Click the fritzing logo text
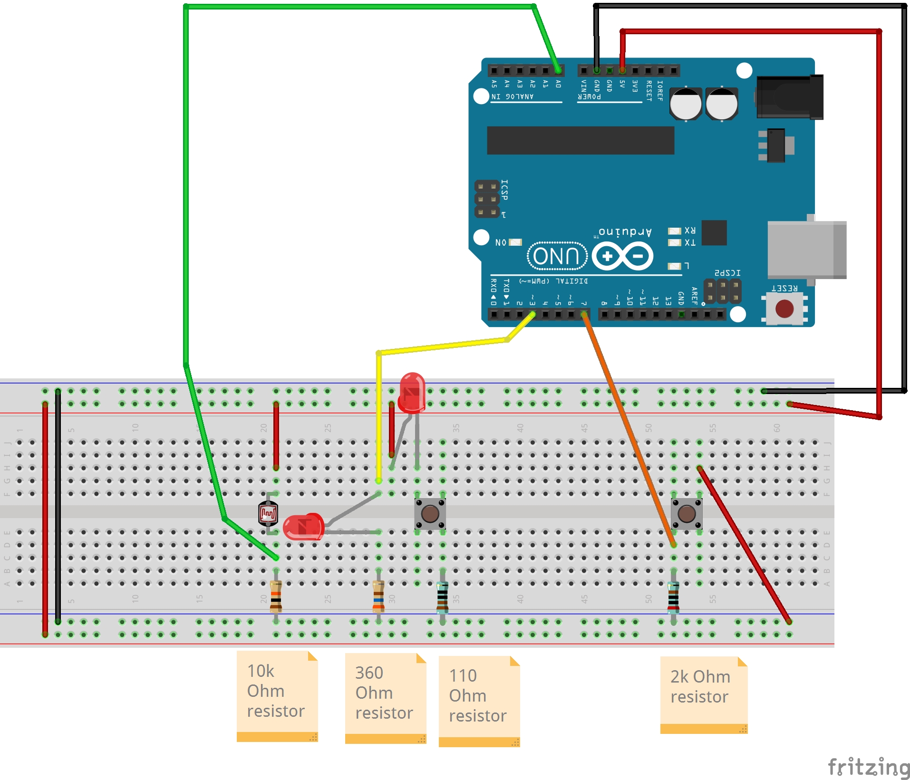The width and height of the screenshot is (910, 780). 868,767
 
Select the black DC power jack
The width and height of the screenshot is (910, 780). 789,97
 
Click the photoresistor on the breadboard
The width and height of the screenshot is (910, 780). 268,513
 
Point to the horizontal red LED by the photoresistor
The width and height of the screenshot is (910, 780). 304,527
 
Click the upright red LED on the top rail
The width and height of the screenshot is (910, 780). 412,392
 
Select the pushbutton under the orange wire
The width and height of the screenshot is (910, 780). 686,513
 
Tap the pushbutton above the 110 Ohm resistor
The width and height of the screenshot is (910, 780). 430,513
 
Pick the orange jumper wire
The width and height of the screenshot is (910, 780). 628,428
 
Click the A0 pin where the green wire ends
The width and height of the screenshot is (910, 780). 558,71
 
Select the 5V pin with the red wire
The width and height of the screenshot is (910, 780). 622,71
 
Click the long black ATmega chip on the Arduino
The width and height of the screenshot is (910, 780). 580,140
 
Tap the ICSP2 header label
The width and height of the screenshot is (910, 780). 727,273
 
